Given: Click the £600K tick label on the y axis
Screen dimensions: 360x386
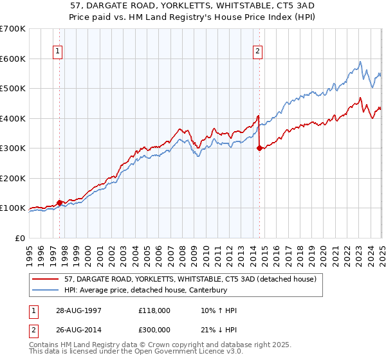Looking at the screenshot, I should point(13,59).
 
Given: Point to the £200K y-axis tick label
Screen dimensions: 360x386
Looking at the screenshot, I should point(13,178).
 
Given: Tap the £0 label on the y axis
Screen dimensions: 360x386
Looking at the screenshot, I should point(19,238).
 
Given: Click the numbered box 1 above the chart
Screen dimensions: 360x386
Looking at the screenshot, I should point(58,52).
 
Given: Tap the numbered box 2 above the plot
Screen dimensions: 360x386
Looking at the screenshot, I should point(257,52).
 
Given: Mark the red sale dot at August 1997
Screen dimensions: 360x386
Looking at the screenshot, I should point(60,203).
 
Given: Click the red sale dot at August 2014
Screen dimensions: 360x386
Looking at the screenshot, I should point(259,148).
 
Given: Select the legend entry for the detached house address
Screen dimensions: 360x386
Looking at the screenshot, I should point(190,280).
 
